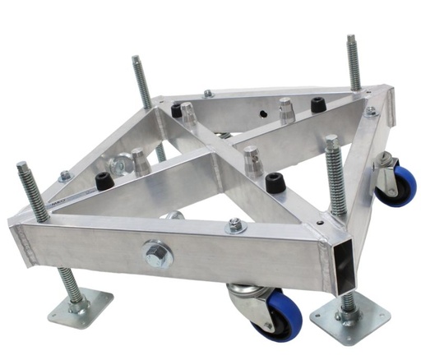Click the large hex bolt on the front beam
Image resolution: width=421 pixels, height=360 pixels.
(x=157, y=254)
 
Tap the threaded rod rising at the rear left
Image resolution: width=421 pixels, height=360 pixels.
(x=140, y=82)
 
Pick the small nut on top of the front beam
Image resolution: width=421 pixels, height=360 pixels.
(x=236, y=224)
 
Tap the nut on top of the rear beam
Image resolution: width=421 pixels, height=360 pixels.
(x=208, y=93)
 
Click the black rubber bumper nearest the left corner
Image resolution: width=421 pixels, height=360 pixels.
(x=104, y=181)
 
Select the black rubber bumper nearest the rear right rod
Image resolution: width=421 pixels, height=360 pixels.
(x=317, y=105)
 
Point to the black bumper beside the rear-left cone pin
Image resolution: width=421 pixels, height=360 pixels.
(x=176, y=110)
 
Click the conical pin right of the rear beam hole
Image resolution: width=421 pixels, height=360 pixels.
(x=286, y=109)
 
